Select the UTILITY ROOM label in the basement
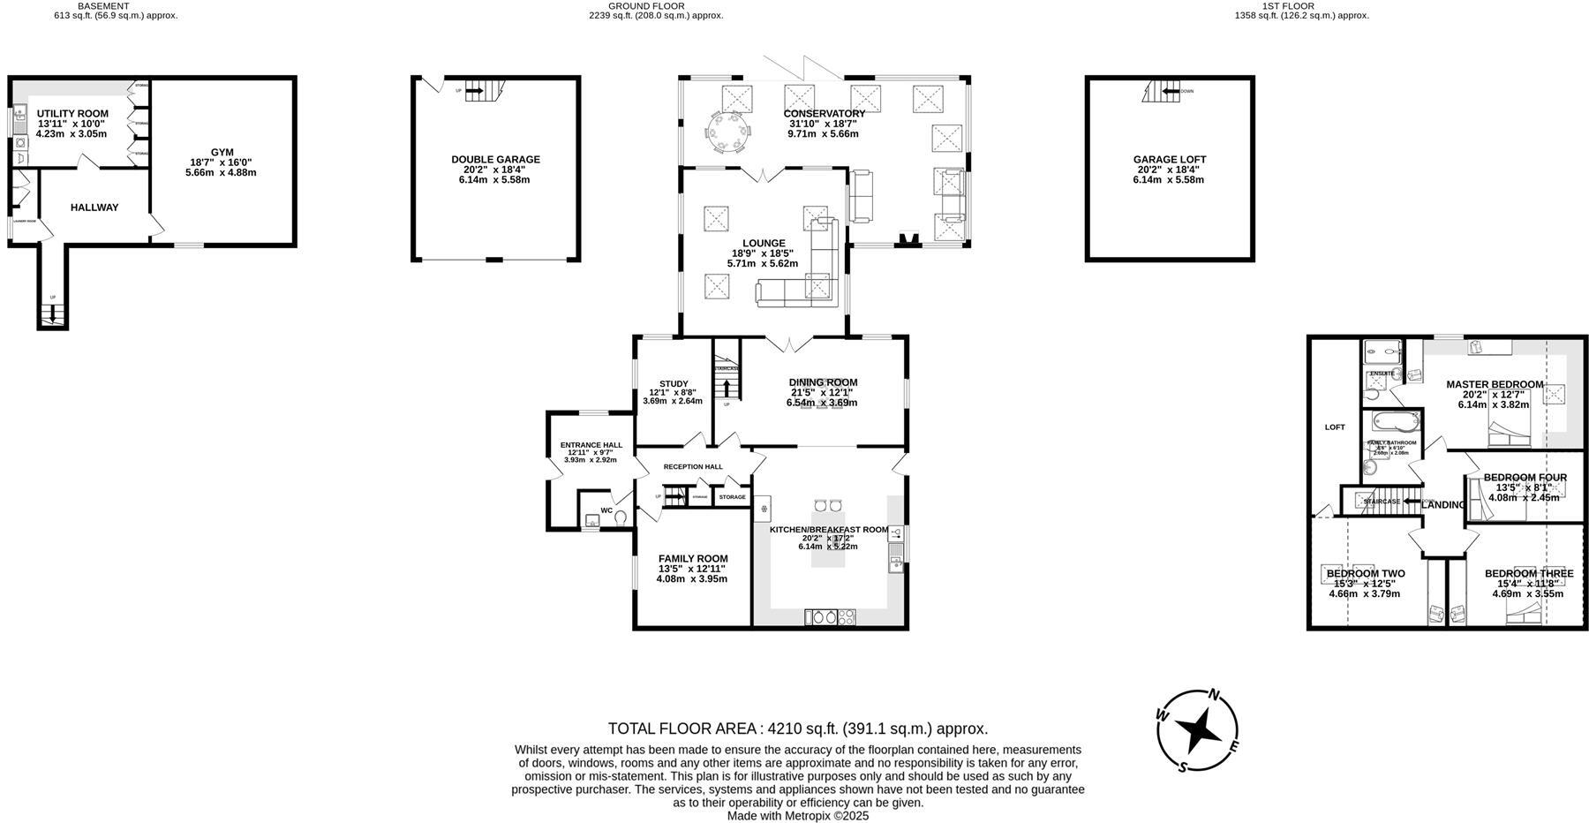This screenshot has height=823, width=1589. (72, 114)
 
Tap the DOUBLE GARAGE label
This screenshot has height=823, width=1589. (495, 160)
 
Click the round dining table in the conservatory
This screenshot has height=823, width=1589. (730, 133)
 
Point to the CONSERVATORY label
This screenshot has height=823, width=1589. (824, 114)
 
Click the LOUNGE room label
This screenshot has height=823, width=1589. (764, 244)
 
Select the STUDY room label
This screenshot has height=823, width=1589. (673, 384)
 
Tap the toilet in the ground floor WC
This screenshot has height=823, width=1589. (621, 517)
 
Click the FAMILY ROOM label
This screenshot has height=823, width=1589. (693, 559)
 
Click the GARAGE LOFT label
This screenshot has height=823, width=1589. (1169, 160)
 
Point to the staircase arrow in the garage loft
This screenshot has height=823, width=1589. (1171, 91)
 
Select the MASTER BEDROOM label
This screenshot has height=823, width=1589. (1494, 384)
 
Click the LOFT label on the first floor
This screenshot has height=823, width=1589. (1334, 427)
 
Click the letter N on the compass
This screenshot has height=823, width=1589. (1214, 695)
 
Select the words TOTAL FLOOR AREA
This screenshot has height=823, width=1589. (682, 729)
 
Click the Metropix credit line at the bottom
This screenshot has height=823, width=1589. (797, 816)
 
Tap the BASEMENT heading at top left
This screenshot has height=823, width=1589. (103, 5)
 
